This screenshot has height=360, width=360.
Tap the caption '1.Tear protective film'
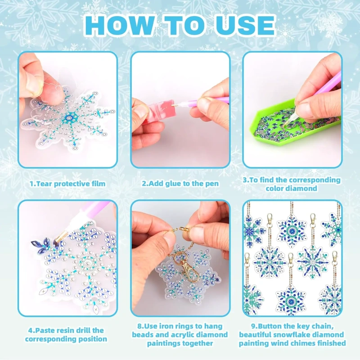(x=68, y=184)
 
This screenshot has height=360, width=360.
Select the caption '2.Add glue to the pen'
(x=180, y=184)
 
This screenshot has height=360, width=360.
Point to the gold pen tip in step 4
(x=60, y=237)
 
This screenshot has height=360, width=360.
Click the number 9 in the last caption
(x=253, y=327)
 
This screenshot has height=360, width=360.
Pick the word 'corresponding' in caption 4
(x=66, y=339)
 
